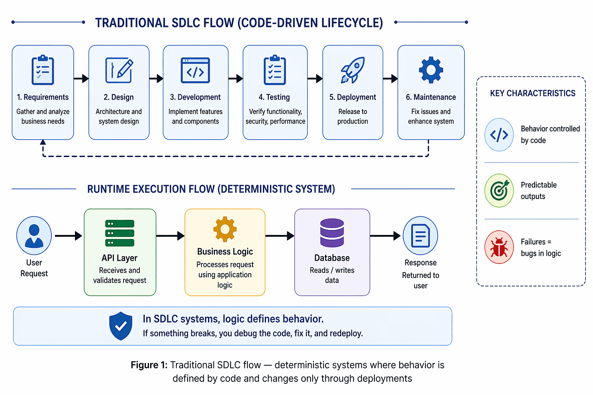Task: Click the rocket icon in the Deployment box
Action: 352,70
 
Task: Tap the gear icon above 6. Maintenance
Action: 431,70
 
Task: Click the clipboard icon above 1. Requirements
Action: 43,70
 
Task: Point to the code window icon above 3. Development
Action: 195,71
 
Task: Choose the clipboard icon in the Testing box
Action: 275,70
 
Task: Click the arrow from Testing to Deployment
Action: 315,79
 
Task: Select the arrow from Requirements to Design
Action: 81,79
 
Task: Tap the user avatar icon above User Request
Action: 34,236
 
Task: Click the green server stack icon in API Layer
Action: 120,233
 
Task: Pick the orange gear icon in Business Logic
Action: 225,229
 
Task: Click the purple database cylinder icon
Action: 332,233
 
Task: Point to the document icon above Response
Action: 420,236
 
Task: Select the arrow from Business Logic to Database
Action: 280,236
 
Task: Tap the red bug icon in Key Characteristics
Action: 499,247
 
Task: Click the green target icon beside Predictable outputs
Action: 499,191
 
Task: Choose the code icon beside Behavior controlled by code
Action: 499,135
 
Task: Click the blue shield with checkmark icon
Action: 121,326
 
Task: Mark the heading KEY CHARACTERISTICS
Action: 532,93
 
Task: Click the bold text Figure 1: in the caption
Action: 149,365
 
